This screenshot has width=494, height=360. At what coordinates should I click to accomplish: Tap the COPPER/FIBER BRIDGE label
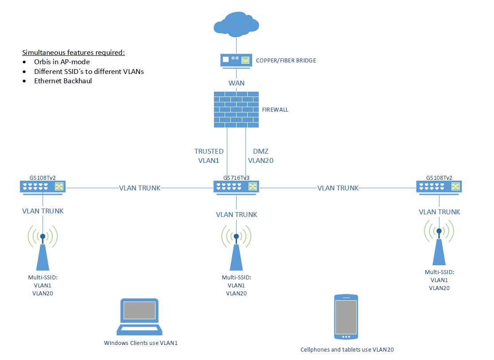tap(286, 60)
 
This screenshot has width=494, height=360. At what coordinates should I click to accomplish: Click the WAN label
tap(236, 83)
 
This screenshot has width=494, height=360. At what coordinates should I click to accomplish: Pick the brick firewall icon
tap(236, 109)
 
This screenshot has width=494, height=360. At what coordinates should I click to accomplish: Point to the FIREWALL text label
tap(275, 109)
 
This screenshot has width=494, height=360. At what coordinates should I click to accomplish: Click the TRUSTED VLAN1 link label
tap(209, 156)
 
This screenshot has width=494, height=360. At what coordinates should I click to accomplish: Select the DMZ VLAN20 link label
tap(261, 156)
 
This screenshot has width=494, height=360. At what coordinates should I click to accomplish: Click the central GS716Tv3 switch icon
tap(236, 187)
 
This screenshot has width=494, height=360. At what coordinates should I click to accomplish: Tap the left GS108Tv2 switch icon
tap(43, 187)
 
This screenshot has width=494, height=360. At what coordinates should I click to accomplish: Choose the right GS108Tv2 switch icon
tap(439, 186)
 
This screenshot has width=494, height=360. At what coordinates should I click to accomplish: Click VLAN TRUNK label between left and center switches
tap(140, 188)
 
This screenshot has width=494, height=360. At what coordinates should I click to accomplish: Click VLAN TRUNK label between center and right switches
tap(338, 188)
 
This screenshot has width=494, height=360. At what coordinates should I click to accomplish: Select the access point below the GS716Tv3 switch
tap(236, 250)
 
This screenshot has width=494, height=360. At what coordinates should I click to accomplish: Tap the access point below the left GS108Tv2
tap(43, 250)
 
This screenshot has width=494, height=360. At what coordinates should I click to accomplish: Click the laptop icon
tap(140, 317)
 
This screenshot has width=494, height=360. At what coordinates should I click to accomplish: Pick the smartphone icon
tap(345, 317)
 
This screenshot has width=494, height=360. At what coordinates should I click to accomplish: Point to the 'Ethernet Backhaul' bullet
tap(63, 81)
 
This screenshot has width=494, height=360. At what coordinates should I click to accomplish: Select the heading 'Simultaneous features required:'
tap(74, 52)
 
